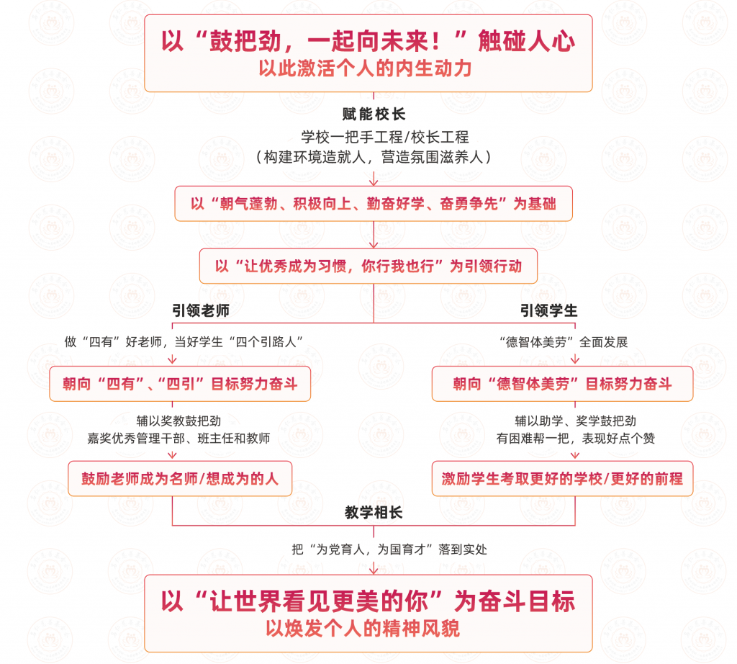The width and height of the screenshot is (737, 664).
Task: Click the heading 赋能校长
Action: [x=374, y=114]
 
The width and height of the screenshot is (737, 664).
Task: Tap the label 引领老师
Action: [x=201, y=310]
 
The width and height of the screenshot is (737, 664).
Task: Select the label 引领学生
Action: [x=549, y=310]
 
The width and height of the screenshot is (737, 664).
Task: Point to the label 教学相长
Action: [x=374, y=512]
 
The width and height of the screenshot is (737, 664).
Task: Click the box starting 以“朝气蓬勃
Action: [x=374, y=204]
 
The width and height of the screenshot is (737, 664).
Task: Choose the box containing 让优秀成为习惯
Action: [x=368, y=266]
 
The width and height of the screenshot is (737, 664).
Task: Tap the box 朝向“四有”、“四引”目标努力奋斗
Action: [x=180, y=384]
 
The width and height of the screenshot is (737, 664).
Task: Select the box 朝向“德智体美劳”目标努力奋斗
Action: [x=563, y=384]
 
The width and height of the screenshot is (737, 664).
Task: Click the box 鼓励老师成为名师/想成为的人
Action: [x=180, y=479]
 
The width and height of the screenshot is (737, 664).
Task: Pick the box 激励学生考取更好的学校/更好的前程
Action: [x=563, y=479]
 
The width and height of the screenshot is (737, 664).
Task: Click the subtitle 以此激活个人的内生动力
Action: [x=365, y=68]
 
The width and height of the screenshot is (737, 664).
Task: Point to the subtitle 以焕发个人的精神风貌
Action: [x=363, y=628]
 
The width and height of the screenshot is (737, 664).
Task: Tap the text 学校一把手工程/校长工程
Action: [x=385, y=137]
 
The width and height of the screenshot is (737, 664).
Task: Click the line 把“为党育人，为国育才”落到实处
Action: [x=389, y=549]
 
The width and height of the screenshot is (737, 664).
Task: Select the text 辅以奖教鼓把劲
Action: [x=178, y=421]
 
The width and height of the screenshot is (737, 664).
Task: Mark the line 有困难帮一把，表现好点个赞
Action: [x=576, y=439]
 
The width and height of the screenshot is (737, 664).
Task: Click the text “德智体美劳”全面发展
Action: [x=563, y=342]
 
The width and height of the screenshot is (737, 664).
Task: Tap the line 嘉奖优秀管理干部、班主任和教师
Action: [x=178, y=439]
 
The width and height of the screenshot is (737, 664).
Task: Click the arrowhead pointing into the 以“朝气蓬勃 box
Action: [x=374, y=182]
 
